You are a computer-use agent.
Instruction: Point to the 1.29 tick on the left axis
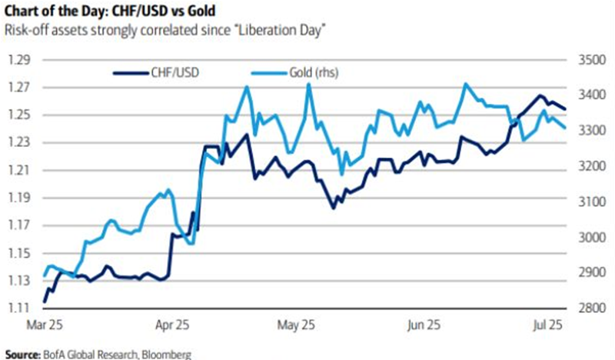(18, 60)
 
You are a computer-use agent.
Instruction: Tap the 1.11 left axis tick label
(18, 308)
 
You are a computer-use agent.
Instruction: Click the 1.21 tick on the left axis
(18, 170)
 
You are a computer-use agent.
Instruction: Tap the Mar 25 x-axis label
(45, 325)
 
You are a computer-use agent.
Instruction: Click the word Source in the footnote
(21, 355)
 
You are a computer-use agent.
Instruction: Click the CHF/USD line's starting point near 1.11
(45, 302)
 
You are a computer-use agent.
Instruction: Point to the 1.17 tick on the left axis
(18, 225)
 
